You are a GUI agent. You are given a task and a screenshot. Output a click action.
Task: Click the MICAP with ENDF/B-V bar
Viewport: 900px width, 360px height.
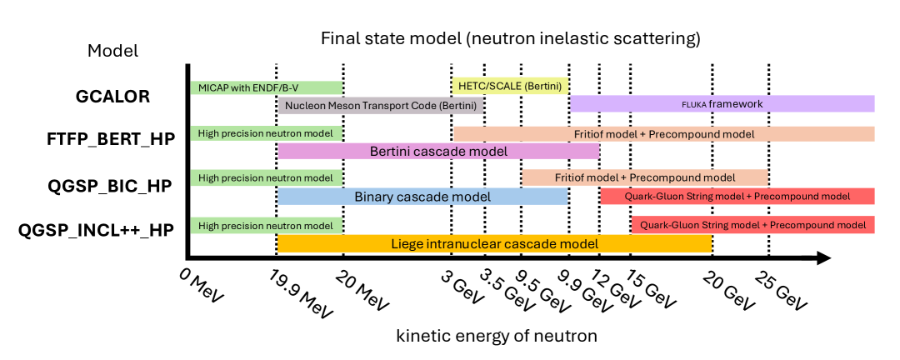tap(266, 87)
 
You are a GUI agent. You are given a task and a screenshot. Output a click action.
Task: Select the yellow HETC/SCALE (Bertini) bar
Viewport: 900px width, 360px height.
tap(510, 86)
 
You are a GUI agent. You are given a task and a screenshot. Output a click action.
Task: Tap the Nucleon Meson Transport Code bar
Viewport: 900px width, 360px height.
tap(381, 106)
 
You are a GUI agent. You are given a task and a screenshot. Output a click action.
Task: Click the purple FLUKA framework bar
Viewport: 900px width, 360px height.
tap(722, 104)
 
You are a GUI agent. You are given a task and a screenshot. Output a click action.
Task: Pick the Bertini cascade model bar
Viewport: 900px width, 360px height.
tap(438, 152)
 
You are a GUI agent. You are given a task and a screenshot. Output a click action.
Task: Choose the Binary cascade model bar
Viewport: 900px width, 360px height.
tap(422, 197)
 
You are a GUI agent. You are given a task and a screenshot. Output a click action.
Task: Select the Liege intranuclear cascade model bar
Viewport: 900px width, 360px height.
tap(494, 243)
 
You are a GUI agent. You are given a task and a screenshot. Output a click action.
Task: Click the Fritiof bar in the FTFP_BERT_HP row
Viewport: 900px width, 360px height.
tap(664, 133)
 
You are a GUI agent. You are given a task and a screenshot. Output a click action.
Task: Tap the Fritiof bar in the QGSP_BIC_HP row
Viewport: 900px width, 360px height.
tap(645, 177)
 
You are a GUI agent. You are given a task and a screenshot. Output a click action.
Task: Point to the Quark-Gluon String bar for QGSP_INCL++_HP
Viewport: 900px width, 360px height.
tap(753, 224)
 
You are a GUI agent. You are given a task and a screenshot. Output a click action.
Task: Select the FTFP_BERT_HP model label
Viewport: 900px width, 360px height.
tap(112, 139)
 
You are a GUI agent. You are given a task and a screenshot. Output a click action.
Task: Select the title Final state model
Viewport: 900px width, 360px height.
tap(510, 38)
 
